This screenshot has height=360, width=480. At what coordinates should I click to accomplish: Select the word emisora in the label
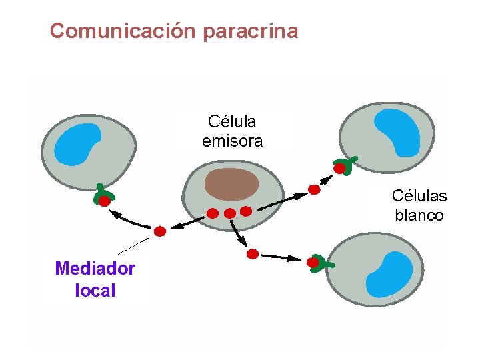232,141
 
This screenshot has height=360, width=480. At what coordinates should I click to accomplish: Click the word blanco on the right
419,215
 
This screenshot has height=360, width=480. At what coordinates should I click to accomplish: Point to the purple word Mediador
95,269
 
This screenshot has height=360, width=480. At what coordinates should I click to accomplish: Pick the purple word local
95,291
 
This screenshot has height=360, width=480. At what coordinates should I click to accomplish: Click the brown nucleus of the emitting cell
231,184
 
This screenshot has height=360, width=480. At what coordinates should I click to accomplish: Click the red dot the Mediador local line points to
160,231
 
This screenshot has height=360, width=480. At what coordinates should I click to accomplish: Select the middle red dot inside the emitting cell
229,213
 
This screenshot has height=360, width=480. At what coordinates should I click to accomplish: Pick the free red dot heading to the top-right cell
314,189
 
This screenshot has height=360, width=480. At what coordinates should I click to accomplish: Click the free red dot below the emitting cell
252,254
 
